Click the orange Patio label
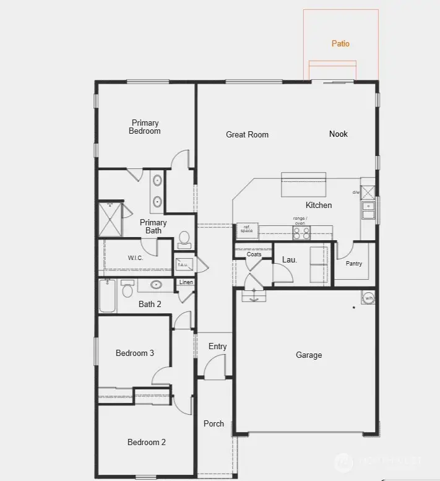tap(340, 43)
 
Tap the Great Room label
tap(247, 134)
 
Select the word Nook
tap(339, 134)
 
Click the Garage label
tap(309, 355)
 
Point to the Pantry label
tap(353, 264)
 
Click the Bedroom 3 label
tap(135, 353)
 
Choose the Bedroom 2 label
tap(147, 442)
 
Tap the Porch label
tap(214, 423)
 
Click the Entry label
tap(217, 347)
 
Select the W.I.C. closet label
tap(136, 258)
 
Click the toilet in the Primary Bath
tap(184, 238)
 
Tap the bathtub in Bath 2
tap(108, 296)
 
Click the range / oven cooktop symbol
tap(301, 233)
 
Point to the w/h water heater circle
tap(369, 298)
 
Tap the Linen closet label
tap(186, 282)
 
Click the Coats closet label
tap(254, 254)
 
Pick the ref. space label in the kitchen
tap(247, 229)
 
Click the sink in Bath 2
tap(155, 285)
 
